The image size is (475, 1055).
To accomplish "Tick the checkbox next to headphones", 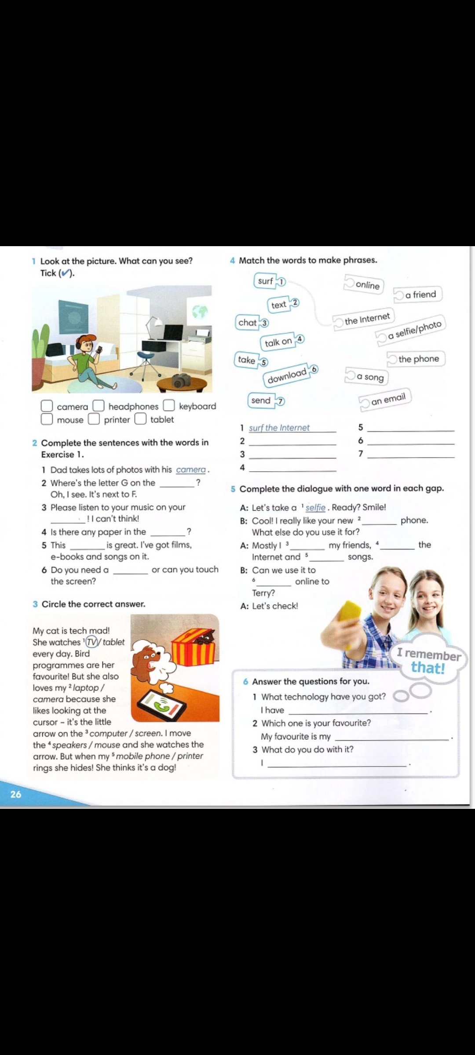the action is (98, 405).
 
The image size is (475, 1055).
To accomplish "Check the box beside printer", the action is (94, 419).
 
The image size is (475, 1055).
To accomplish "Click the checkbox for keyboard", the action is (169, 405).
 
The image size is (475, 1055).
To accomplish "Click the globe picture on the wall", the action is (200, 311).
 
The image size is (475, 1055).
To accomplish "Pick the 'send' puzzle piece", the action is (266, 400).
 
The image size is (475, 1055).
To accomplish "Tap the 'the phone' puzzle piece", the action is (416, 359).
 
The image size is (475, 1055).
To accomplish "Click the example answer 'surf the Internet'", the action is (279, 428).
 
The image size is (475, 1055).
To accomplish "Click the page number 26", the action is (16, 794).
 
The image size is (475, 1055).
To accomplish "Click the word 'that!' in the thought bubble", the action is (428, 668).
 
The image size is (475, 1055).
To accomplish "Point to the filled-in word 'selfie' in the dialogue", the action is (315, 508).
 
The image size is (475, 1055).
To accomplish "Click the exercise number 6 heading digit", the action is (245, 682).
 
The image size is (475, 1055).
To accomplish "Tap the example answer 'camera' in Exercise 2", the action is (191, 470).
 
